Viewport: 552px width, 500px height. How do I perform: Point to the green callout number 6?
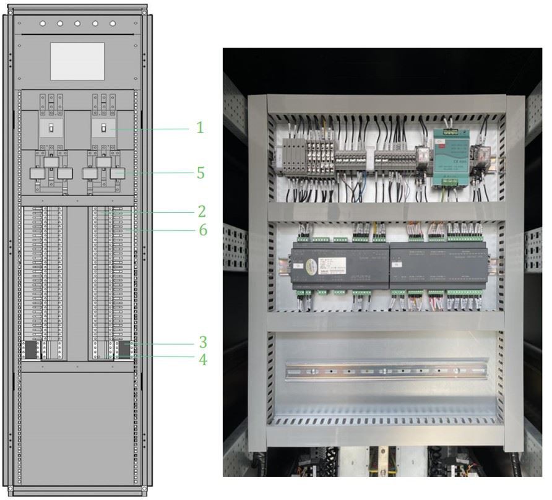pyautogui.click(x=202, y=230)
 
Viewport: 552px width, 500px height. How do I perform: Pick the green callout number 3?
pyautogui.click(x=202, y=341)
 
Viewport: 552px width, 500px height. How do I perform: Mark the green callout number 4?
pyautogui.click(x=202, y=358)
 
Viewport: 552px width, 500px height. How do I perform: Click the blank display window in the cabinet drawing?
pyautogui.click(x=78, y=61)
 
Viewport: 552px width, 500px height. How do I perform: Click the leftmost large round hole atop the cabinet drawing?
pyautogui.click(x=42, y=24)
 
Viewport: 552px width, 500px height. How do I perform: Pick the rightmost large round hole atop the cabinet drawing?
pyautogui.click(x=113, y=24)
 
